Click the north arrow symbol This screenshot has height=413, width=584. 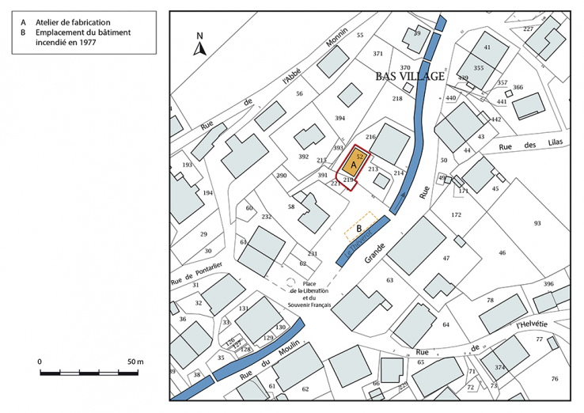tap(200, 46)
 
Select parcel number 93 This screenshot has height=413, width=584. tap(537, 224)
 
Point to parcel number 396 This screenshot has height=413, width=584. tap(548, 283)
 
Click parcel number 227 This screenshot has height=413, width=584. tap(528, 29)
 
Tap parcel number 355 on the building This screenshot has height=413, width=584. tap(478, 69)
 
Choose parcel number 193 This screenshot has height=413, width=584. tap(187, 165)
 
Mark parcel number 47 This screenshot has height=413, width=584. tap(446, 258)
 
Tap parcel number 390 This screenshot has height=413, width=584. tap(281, 175)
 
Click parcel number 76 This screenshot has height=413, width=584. tap(554, 379)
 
